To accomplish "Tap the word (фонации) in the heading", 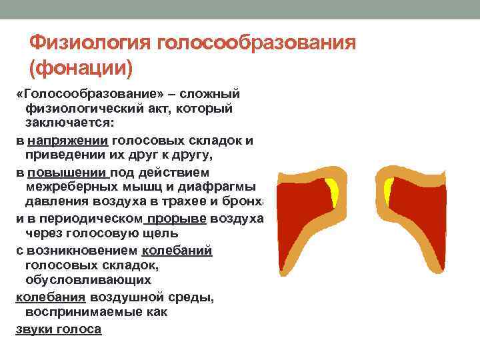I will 81,68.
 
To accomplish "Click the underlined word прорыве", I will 176,219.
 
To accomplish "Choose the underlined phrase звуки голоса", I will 58,329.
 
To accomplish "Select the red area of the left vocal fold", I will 303,213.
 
